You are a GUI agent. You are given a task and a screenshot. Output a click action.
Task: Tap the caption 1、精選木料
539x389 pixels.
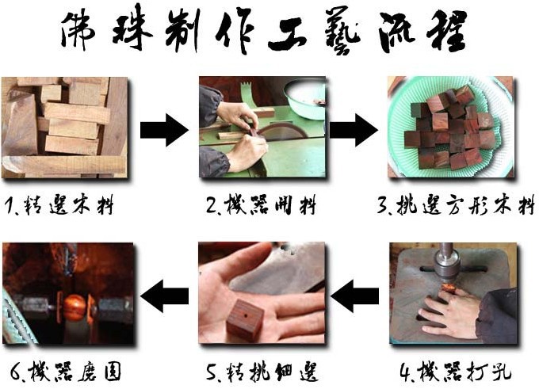(59, 206)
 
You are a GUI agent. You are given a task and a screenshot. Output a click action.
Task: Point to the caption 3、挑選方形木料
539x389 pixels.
(456, 206)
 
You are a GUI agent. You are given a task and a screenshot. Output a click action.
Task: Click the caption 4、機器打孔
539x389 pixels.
(456, 372)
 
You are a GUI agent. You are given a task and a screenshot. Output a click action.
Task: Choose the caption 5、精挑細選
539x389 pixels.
(262, 372)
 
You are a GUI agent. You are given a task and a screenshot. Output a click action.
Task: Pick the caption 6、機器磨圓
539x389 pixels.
(66, 372)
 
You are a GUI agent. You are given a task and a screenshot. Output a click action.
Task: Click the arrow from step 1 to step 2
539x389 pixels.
(164, 130)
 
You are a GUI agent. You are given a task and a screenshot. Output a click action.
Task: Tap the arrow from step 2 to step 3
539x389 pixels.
(354, 130)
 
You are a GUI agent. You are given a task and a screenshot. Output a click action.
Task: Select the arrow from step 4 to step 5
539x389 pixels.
(355, 296)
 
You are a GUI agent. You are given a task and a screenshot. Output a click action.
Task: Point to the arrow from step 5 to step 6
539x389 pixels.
(165, 296)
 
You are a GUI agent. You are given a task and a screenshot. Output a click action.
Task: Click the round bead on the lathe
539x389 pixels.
(75, 307)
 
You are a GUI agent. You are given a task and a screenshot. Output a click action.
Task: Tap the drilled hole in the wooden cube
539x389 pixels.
(244, 315)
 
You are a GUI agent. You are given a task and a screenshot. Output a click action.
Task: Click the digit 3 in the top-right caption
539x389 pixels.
(383, 205)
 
